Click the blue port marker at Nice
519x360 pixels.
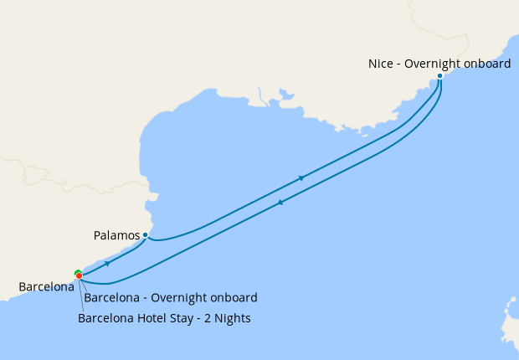click(440, 76)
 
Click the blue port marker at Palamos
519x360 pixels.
click(145, 234)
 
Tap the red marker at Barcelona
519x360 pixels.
click(80, 276)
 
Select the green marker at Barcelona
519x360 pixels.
click(77, 272)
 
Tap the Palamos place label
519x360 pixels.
click(116, 235)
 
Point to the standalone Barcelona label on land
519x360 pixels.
click(46, 287)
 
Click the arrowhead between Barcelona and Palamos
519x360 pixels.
click(107, 263)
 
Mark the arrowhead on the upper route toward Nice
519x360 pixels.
click(301, 178)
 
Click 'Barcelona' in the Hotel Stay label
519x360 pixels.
click(105, 318)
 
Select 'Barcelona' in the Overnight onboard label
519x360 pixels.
click(111, 298)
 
